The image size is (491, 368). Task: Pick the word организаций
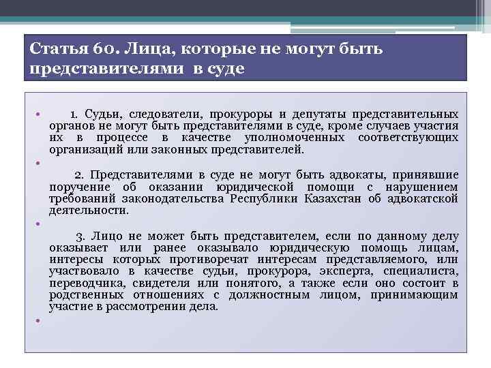(83, 150)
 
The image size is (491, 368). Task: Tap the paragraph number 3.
(78, 236)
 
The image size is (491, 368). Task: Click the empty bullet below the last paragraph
(38, 320)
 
